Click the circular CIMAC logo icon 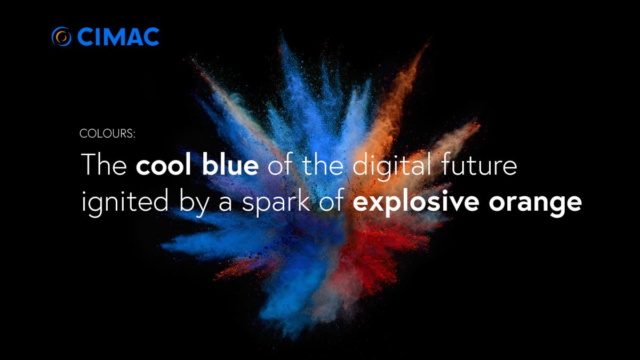tap(61, 36)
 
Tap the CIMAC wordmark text tap(118, 37)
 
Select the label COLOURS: tap(107, 134)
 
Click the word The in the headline tap(104, 164)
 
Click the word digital tap(392, 166)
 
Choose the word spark tap(276, 203)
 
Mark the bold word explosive tap(416, 203)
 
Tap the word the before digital tap(323, 164)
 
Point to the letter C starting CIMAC tap(86, 37)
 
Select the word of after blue tap(281, 164)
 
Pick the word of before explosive tap(331, 201)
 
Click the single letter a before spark tap(226, 203)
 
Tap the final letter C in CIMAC tap(150, 37)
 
